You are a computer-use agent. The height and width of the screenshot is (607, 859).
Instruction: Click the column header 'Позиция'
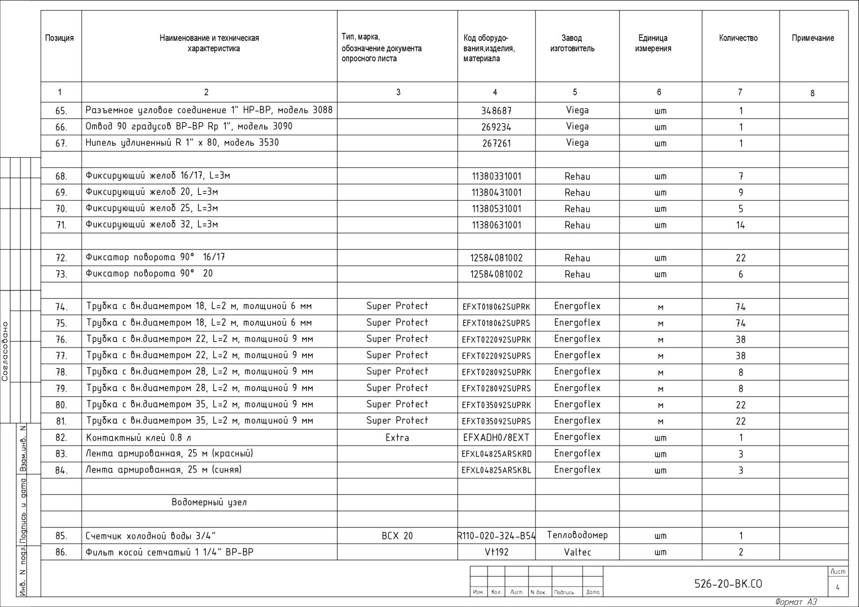[60, 38]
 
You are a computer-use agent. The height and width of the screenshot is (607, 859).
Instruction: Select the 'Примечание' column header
[813, 38]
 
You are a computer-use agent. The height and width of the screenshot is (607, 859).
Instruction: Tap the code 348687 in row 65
[496, 110]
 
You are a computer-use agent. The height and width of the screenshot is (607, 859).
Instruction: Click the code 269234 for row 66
[496, 127]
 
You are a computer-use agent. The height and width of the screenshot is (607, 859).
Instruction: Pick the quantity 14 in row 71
[740, 225]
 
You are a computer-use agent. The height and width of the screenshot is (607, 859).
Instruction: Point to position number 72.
[61, 258]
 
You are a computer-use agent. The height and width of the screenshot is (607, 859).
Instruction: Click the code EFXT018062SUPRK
[496, 307]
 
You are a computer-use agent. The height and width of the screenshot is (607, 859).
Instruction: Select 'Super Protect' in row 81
[397, 420]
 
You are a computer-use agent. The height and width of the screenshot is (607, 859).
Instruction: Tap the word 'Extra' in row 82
[397, 438]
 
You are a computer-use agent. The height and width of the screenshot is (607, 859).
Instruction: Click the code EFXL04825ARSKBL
[496, 470]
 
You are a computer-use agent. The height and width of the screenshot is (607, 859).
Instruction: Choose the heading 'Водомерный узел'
[209, 502]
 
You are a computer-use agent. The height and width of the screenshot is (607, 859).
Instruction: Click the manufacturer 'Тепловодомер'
[577, 535]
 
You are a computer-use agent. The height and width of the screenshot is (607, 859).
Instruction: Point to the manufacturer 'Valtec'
[577, 552]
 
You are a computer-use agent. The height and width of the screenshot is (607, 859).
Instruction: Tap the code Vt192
[496, 552]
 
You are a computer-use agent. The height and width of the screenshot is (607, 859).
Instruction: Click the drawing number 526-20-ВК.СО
[728, 584]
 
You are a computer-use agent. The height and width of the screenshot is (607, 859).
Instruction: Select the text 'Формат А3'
[796, 602]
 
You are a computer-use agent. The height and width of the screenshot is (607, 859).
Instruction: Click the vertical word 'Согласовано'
[5, 351]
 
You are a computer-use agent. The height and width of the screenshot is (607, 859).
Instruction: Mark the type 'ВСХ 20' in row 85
[397, 536]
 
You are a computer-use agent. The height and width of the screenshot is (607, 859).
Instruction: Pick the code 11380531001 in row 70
[496, 209]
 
